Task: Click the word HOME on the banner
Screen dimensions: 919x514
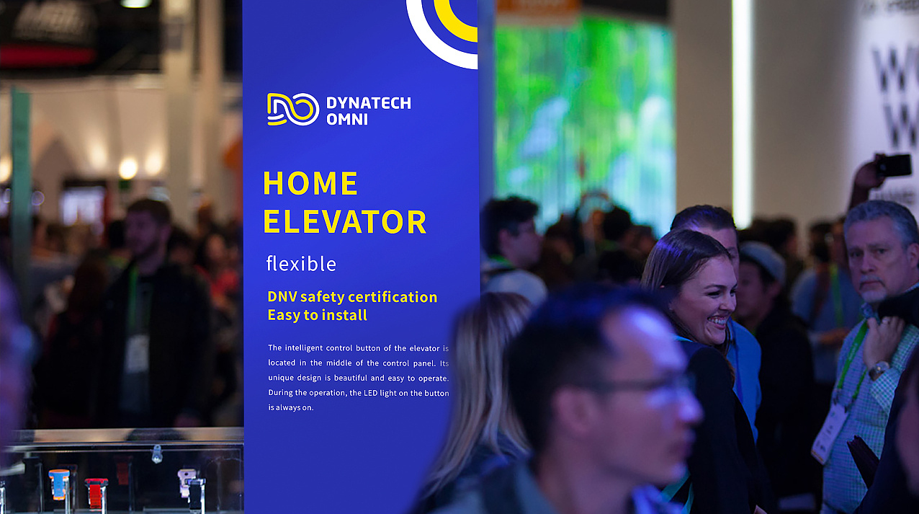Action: click(310, 183)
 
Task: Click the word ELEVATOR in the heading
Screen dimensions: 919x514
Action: click(344, 222)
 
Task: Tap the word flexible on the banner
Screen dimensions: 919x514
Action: click(301, 264)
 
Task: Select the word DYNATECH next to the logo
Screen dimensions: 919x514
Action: click(369, 103)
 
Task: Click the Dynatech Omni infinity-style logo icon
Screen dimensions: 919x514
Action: click(293, 109)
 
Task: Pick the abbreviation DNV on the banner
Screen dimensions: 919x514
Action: click(282, 297)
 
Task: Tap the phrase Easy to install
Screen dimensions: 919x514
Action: click(317, 315)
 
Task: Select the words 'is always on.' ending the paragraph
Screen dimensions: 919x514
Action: click(291, 408)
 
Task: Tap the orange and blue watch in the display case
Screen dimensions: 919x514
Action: click(59, 484)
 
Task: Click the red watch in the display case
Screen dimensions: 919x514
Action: click(97, 492)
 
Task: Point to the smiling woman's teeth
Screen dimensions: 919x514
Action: click(719, 321)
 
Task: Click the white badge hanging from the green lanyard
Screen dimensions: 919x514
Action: click(830, 433)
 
